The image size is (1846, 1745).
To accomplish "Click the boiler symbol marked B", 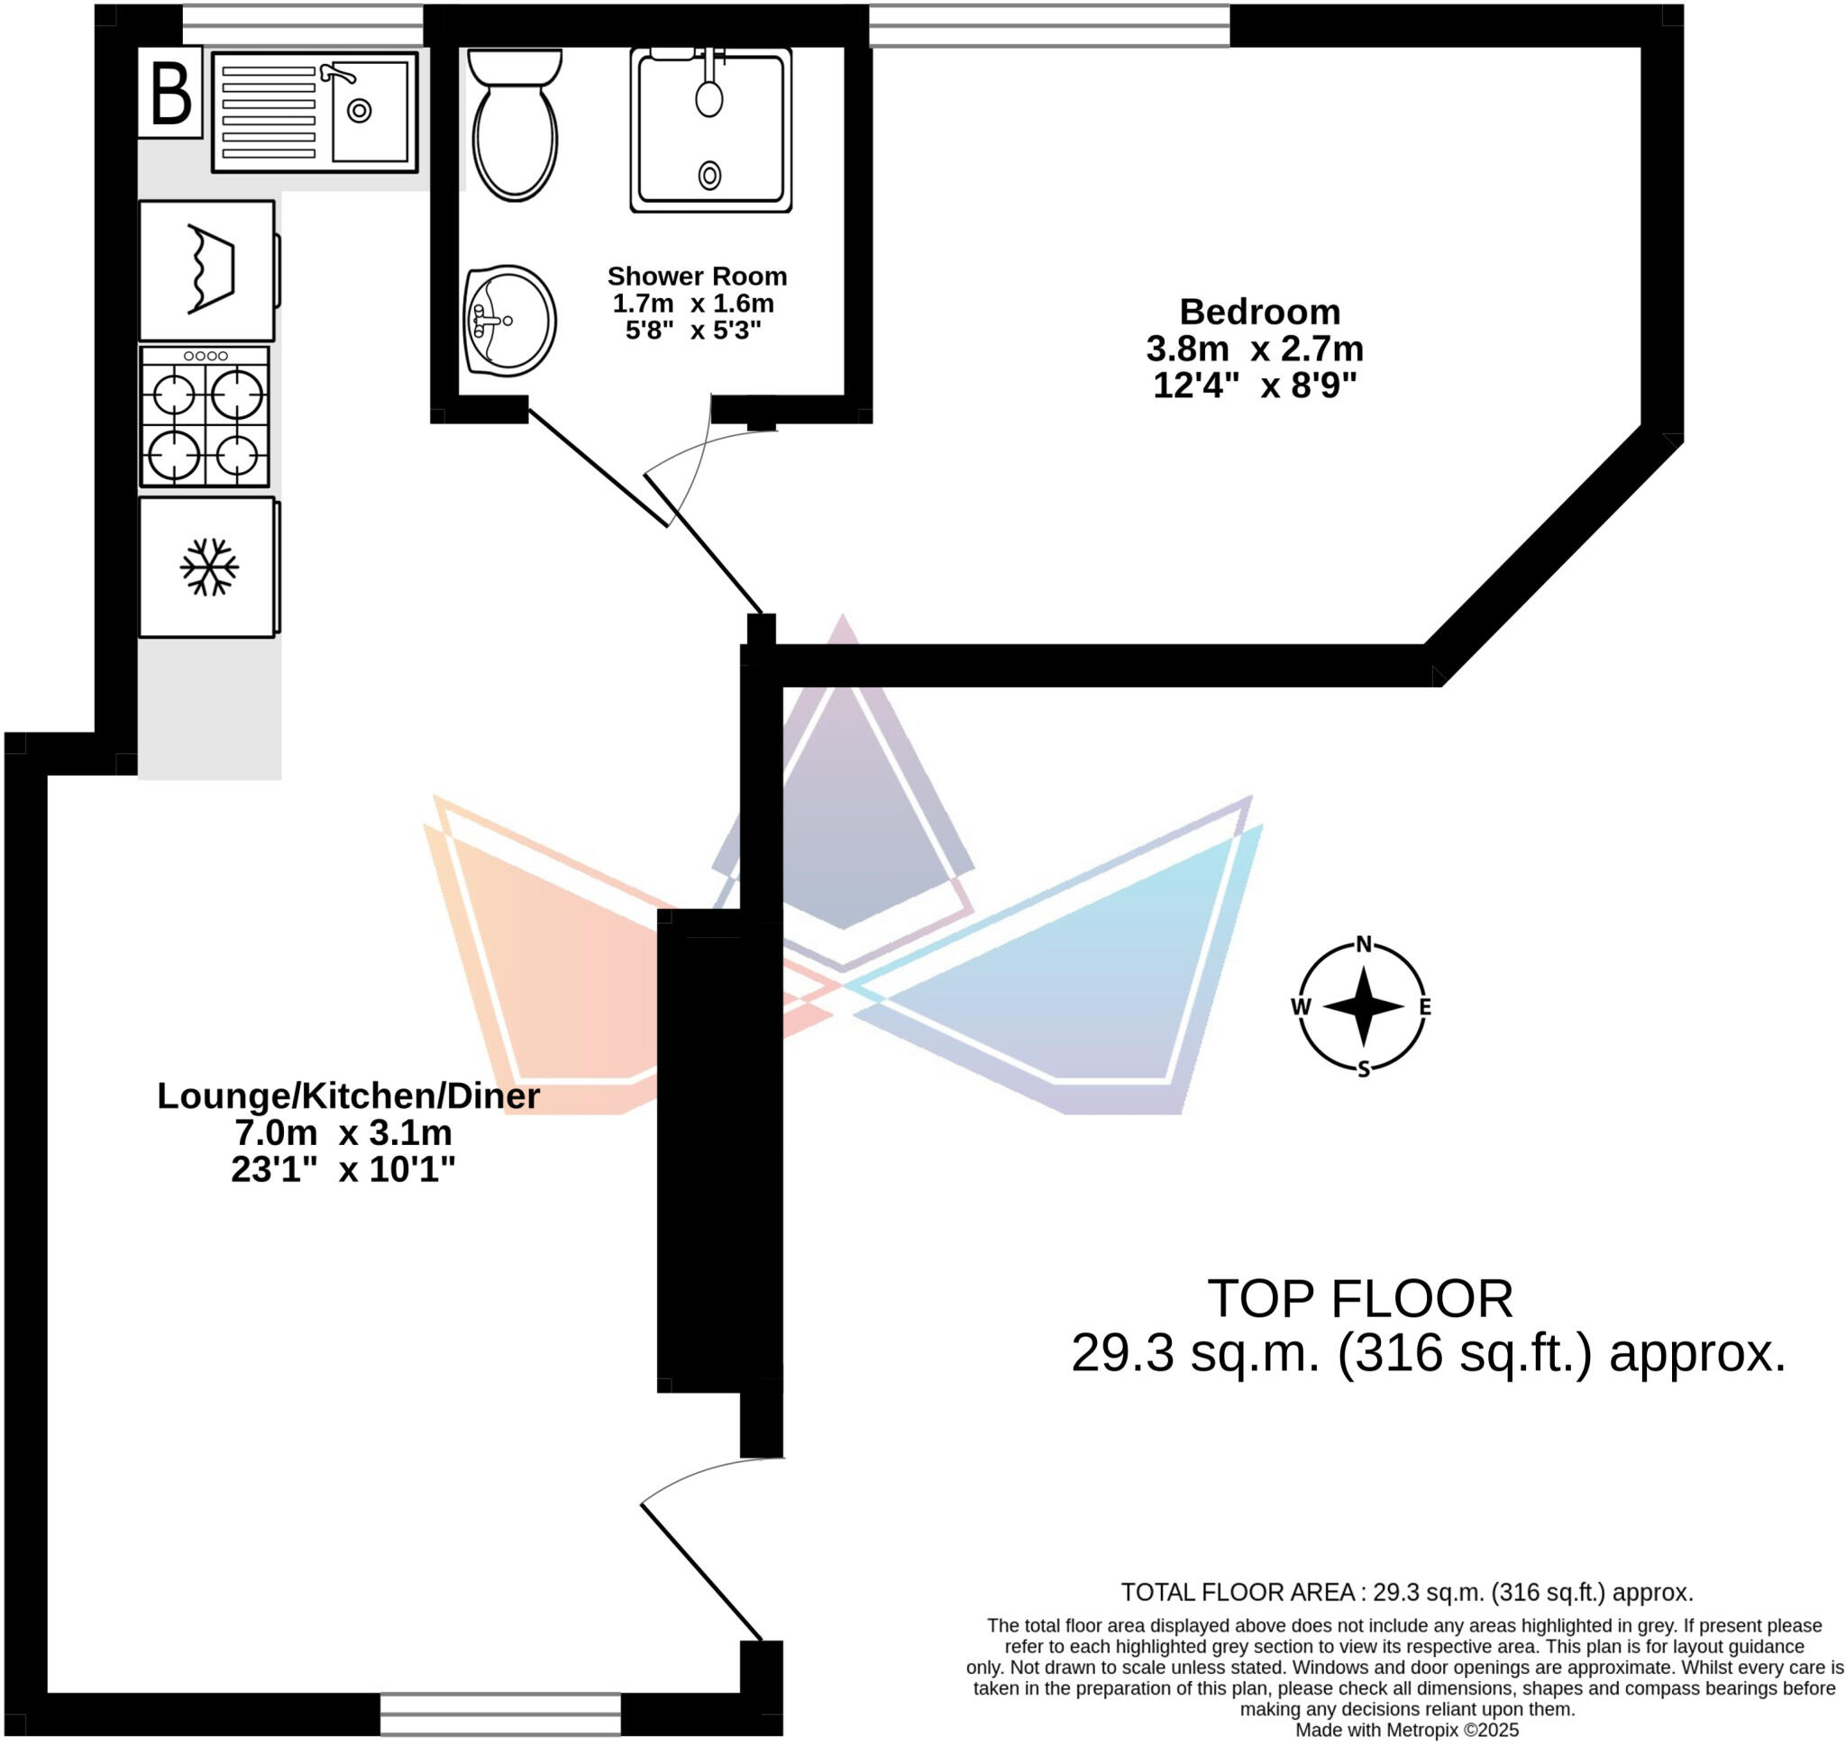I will click(170, 94).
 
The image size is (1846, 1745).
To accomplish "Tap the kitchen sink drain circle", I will click(359, 112).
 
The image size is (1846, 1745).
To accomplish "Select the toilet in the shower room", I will click(515, 125).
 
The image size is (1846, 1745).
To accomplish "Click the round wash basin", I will click(510, 321).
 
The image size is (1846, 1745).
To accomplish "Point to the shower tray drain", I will click(710, 174).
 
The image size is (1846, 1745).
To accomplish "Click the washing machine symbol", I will click(206, 269).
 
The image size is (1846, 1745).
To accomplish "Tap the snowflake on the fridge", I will click(208, 567).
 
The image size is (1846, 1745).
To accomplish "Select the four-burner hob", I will click(205, 417).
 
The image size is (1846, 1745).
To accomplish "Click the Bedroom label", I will click(1259, 312).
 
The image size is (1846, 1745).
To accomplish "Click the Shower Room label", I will click(697, 277).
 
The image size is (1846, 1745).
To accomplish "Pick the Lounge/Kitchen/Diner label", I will click(348, 1095).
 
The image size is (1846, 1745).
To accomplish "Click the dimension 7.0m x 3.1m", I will click(343, 1133).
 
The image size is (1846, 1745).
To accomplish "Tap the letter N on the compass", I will click(1364, 945).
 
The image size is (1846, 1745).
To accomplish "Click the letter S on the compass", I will click(1364, 1068).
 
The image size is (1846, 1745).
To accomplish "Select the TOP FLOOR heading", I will click(1359, 1298).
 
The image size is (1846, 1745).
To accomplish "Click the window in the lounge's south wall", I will click(500, 1713).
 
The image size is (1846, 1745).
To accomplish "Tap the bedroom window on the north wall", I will click(1048, 25).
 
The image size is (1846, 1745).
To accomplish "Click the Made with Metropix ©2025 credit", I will click(1407, 1730).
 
